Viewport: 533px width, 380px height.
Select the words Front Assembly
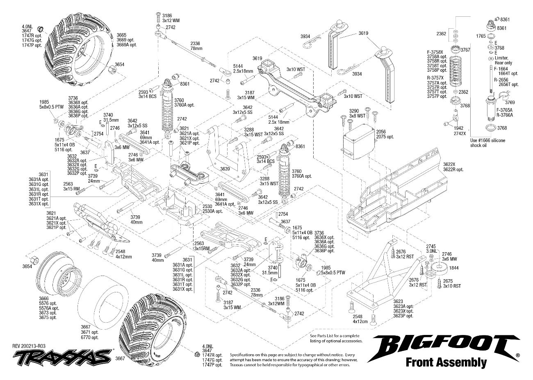pos(446,362)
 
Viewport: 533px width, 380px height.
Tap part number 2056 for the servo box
pos(381,132)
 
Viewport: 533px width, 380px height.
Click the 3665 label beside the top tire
pos(121,35)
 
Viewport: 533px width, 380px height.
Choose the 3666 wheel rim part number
pos(44,298)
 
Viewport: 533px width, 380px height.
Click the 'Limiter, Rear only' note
pos(503,61)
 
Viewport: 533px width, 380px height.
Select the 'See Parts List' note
pos(336,338)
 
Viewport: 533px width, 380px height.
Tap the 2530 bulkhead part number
pos(208,206)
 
